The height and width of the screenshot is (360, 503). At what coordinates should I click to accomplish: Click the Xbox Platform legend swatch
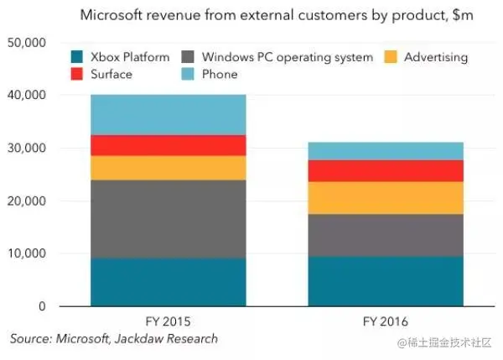(78, 58)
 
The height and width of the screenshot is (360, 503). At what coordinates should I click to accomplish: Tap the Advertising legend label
(435, 58)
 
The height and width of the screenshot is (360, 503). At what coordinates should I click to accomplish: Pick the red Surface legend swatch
(78, 75)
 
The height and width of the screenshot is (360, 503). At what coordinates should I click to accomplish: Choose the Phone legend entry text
(219, 75)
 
